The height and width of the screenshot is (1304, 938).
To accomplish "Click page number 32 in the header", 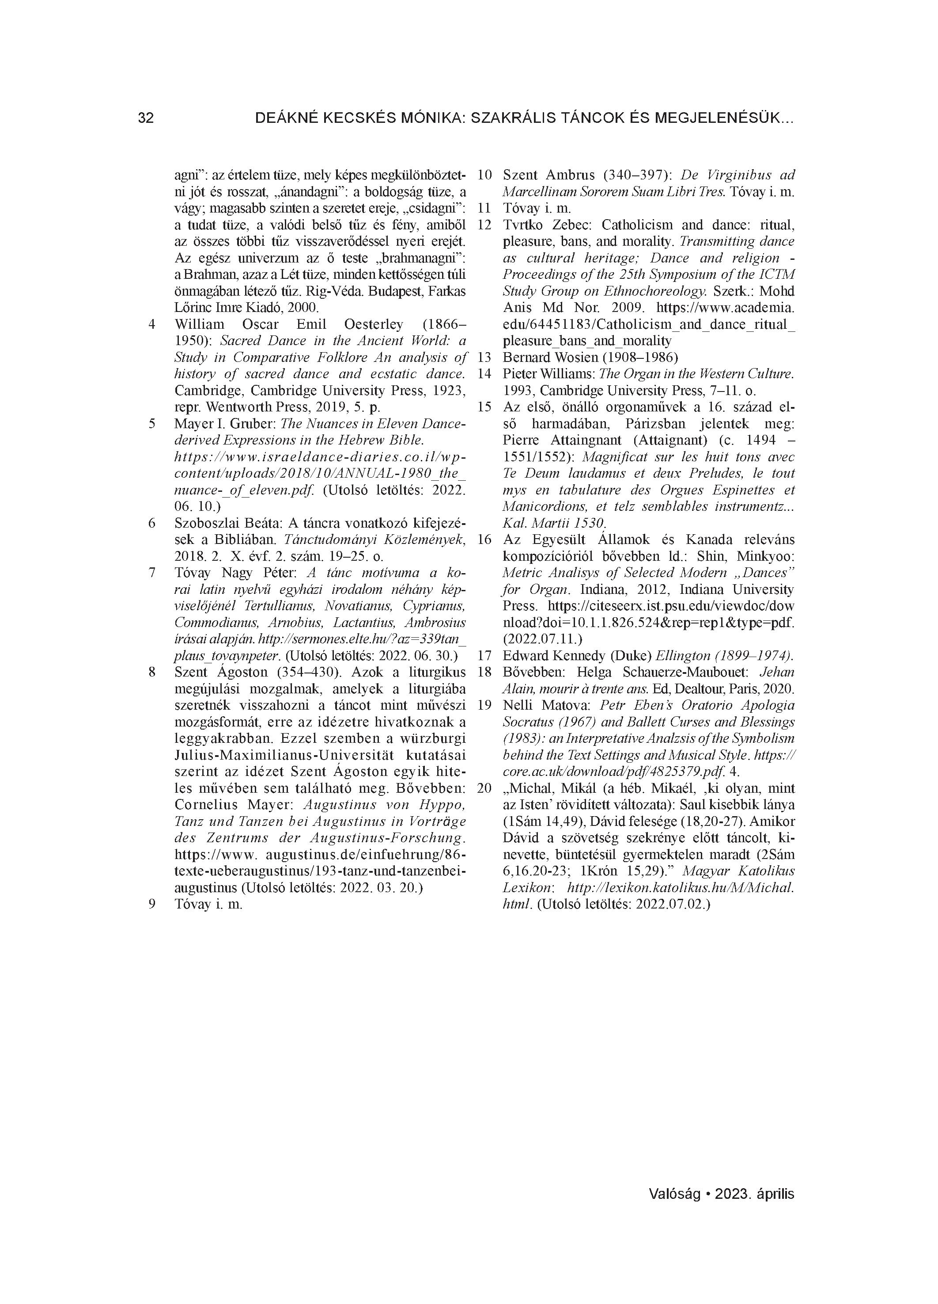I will pyautogui.click(x=146, y=118).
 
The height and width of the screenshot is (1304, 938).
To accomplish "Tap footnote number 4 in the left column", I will pyautogui.click(x=152, y=324).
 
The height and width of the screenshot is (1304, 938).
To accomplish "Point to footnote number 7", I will pyautogui.click(x=152, y=573).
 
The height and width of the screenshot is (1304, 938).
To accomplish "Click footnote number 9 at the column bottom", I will pyautogui.click(x=152, y=904).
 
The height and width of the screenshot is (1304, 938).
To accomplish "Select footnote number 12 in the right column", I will pyautogui.click(x=484, y=225).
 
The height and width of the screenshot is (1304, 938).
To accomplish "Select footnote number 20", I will pyautogui.click(x=484, y=788).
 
